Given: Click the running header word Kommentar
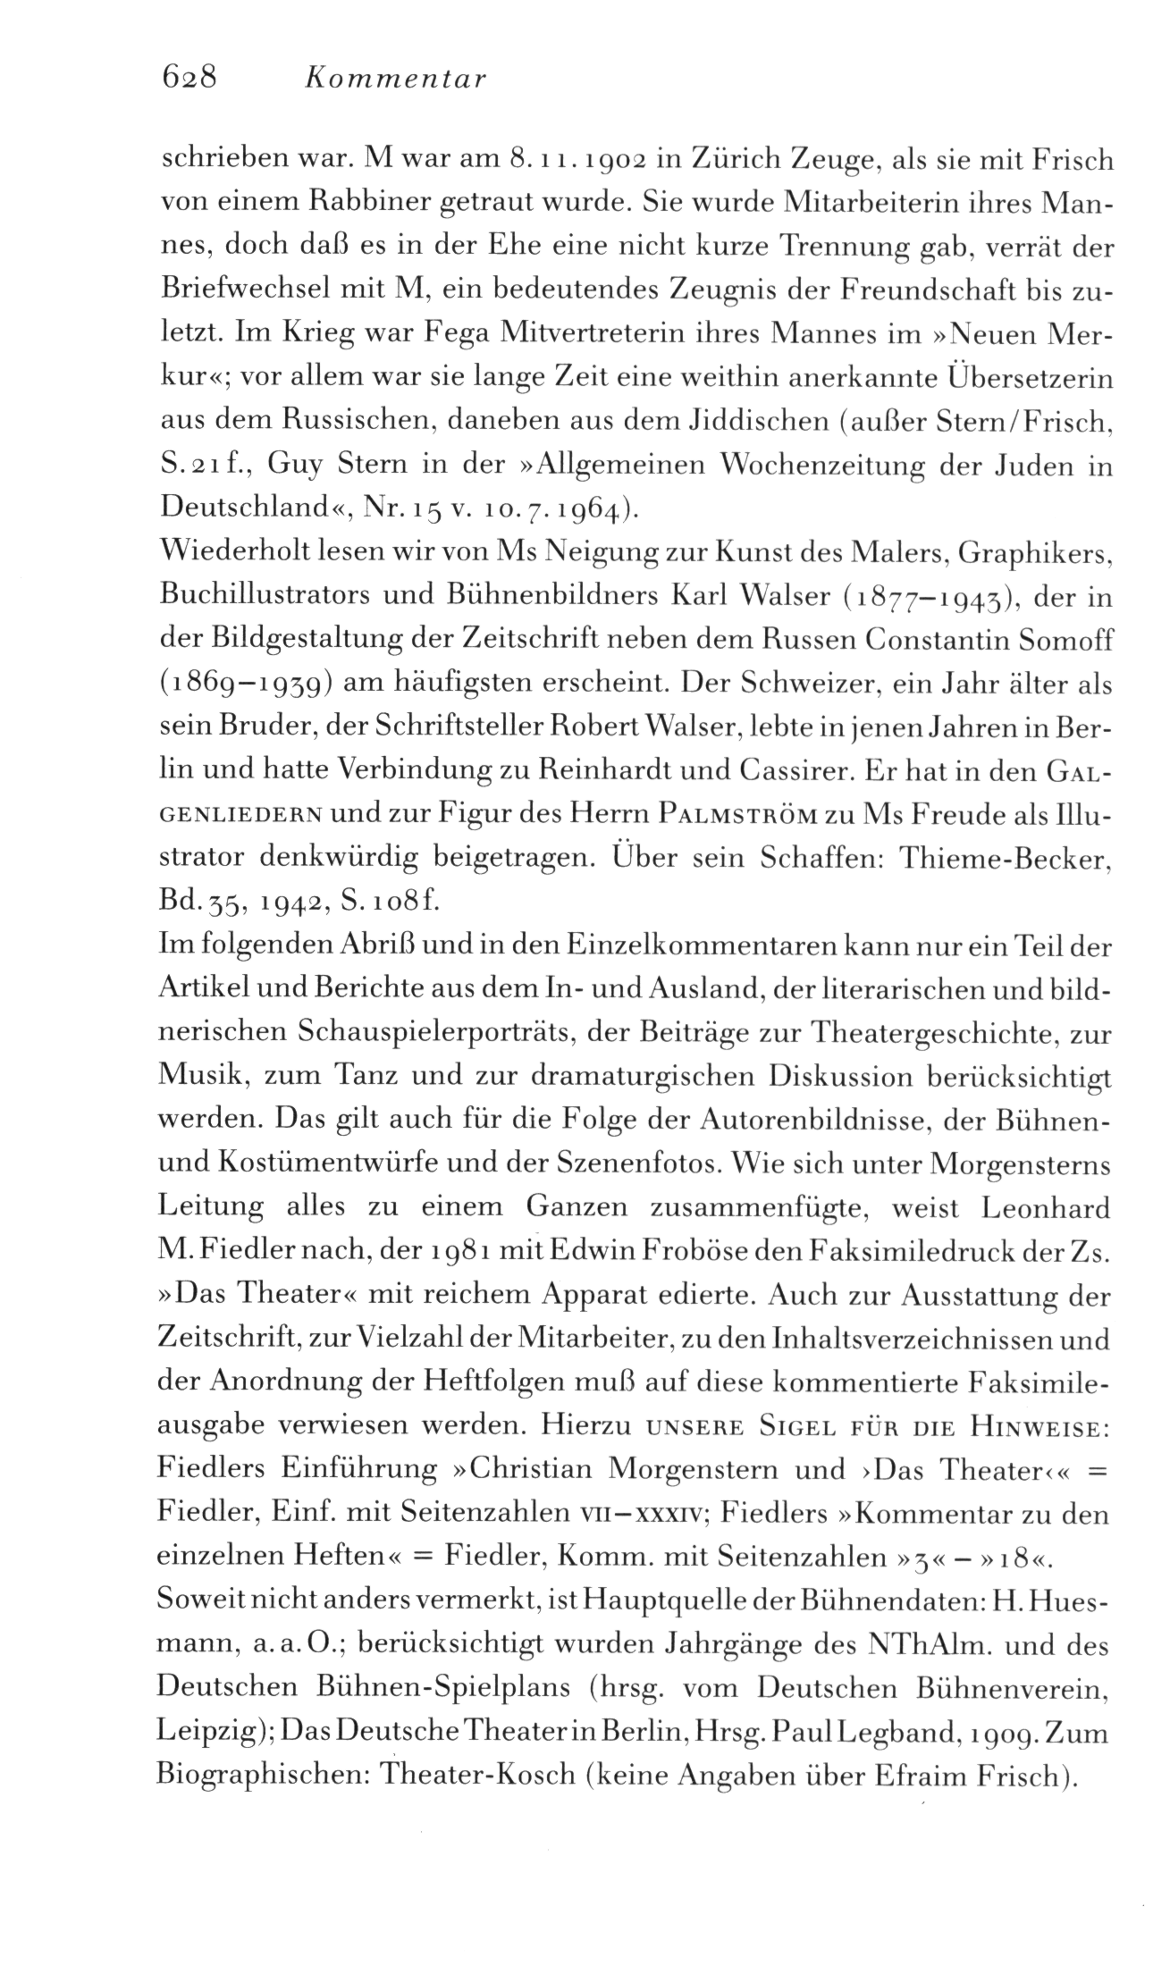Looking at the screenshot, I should click(x=394, y=81).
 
